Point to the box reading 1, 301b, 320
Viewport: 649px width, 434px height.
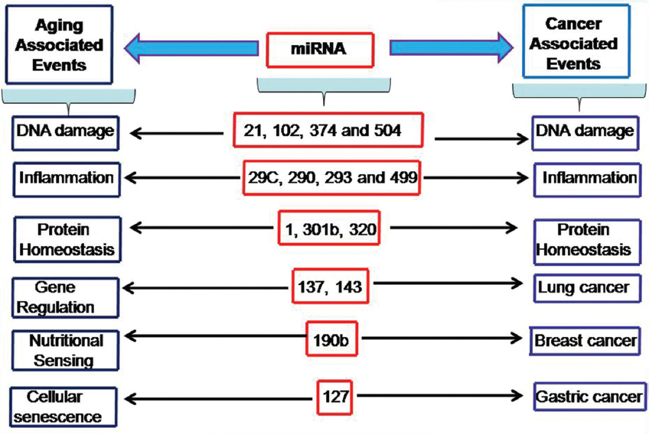click(x=328, y=228)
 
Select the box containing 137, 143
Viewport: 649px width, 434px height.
click(x=330, y=287)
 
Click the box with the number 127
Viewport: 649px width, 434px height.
click(x=335, y=396)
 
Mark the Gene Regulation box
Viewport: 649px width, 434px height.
click(x=64, y=297)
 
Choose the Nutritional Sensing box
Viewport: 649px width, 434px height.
click(x=66, y=348)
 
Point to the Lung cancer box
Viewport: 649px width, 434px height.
click(x=583, y=287)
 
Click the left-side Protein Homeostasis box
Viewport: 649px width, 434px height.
click(x=64, y=238)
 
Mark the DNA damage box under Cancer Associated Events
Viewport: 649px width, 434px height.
click(x=585, y=131)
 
